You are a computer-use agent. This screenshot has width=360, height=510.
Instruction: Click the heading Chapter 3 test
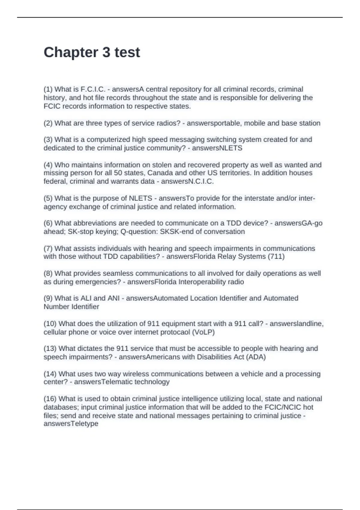tap(92, 52)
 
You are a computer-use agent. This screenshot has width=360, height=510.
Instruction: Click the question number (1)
tap(48, 89)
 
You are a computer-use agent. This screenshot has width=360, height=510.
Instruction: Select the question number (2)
tap(48, 123)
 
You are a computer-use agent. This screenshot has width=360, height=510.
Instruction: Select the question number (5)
tap(48, 198)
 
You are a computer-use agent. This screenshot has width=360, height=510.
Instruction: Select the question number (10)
tap(50, 324)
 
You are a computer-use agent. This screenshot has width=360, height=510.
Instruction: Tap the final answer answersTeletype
tap(71, 424)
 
